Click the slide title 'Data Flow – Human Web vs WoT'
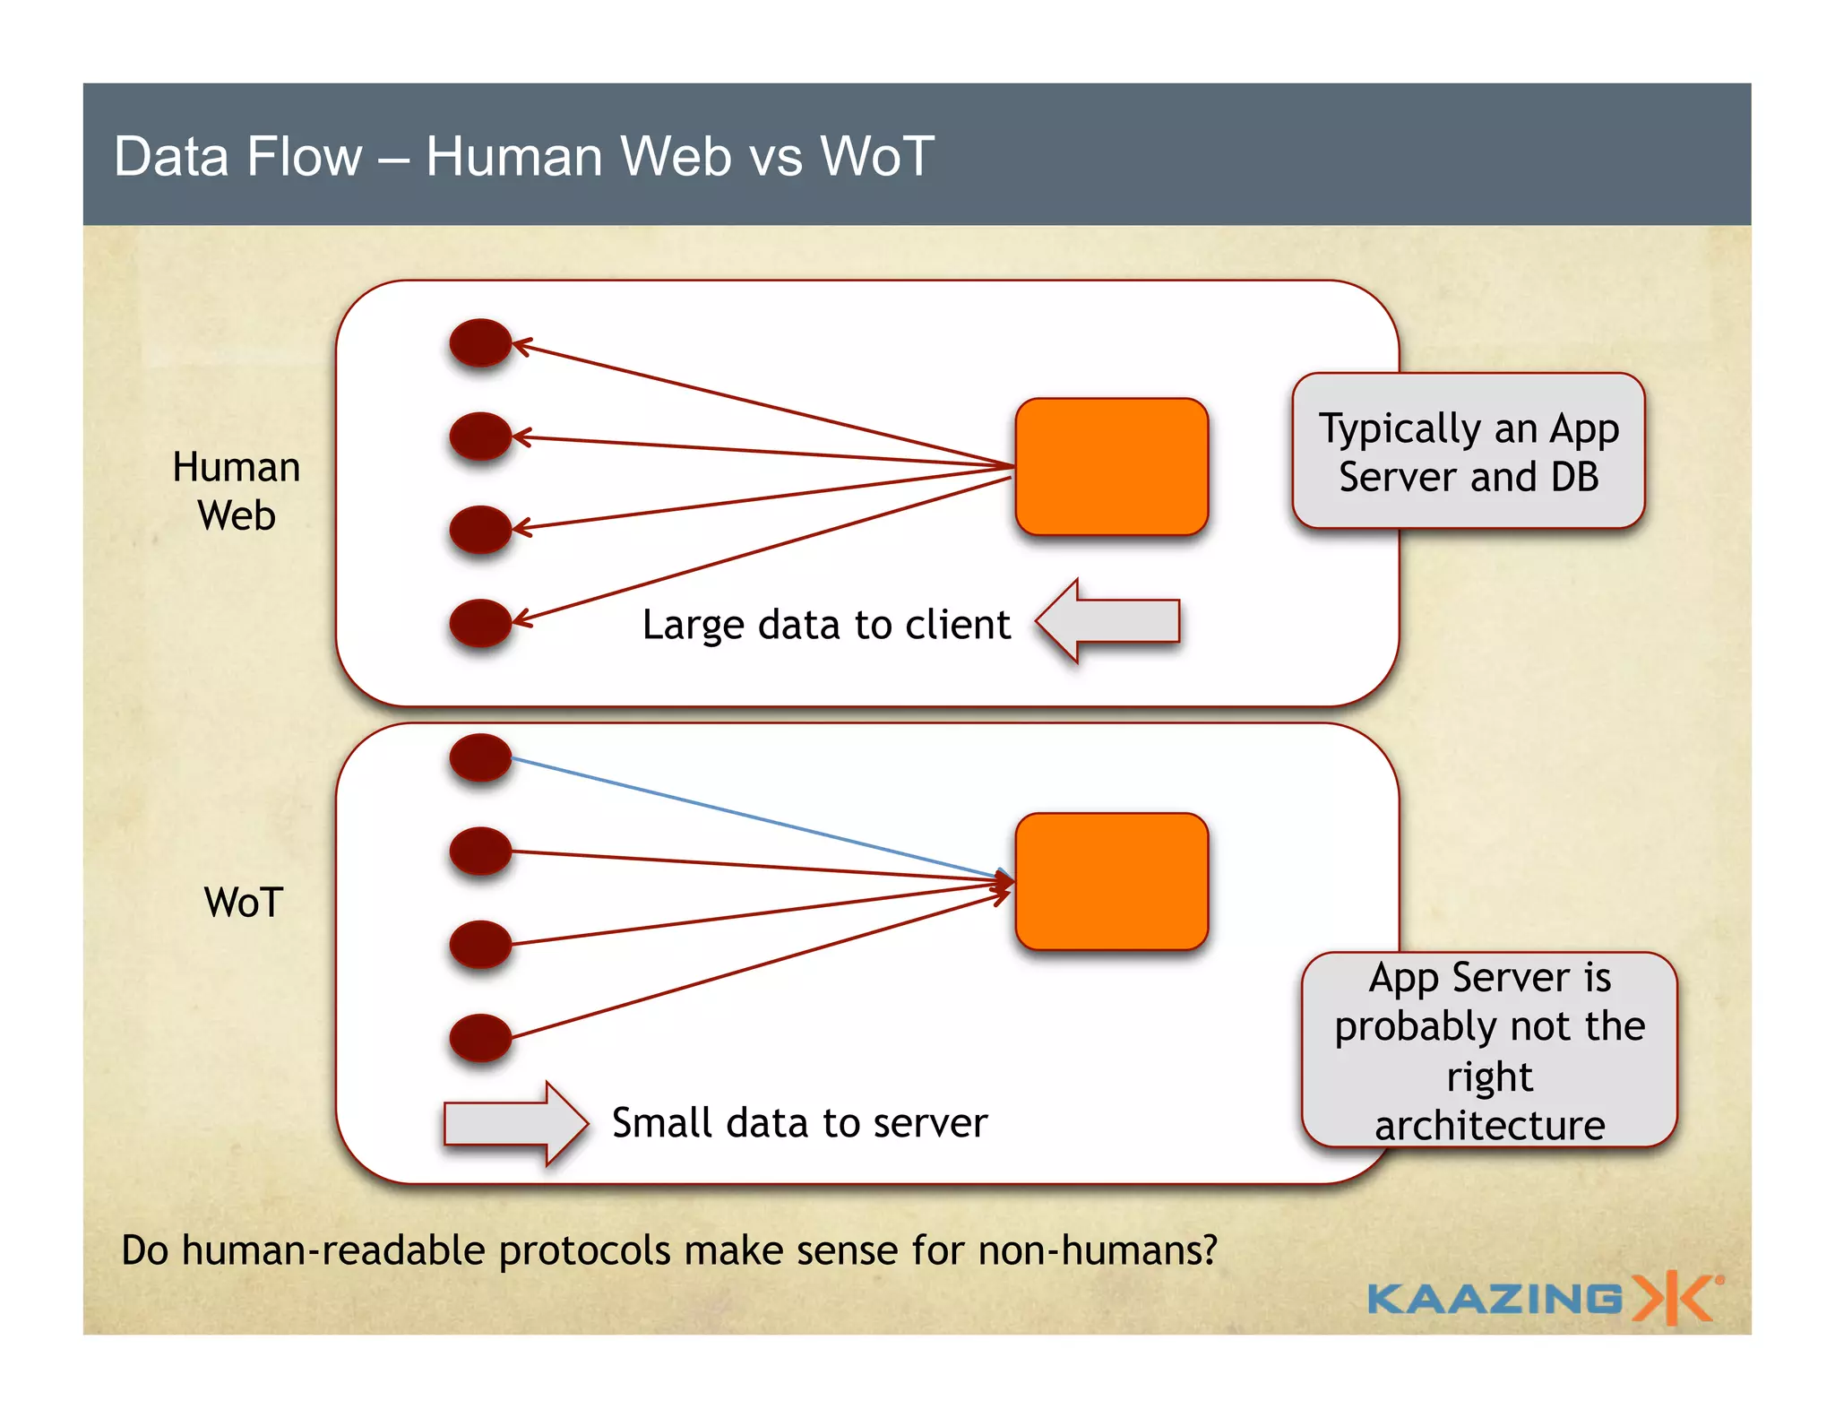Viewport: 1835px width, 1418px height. (524, 156)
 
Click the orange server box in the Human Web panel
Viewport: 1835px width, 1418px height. (1111, 466)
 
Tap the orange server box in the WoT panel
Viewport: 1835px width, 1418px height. (1111, 881)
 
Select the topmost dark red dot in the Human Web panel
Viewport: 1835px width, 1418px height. (480, 342)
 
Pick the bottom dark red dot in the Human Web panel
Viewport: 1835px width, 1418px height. (480, 623)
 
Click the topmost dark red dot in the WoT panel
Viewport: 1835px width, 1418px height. (480, 757)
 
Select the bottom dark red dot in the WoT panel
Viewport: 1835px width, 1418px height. (480, 1037)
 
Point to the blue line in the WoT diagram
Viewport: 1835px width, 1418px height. (753, 817)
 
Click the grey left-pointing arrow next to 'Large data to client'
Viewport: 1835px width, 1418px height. (1108, 621)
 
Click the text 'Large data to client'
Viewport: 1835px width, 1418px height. (825, 625)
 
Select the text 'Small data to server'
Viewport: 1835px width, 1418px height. (799, 1123)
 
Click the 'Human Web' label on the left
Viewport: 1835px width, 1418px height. (237, 491)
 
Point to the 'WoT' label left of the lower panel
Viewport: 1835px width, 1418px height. (243, 903)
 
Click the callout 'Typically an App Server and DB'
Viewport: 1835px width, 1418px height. (1468, 452)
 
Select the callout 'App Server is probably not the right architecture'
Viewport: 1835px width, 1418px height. (1488, 1050)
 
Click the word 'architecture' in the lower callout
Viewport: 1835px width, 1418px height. (1489, 1126)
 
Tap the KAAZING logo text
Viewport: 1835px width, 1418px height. (1495, 1299)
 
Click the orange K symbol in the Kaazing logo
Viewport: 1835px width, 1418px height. (1672, 1298)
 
